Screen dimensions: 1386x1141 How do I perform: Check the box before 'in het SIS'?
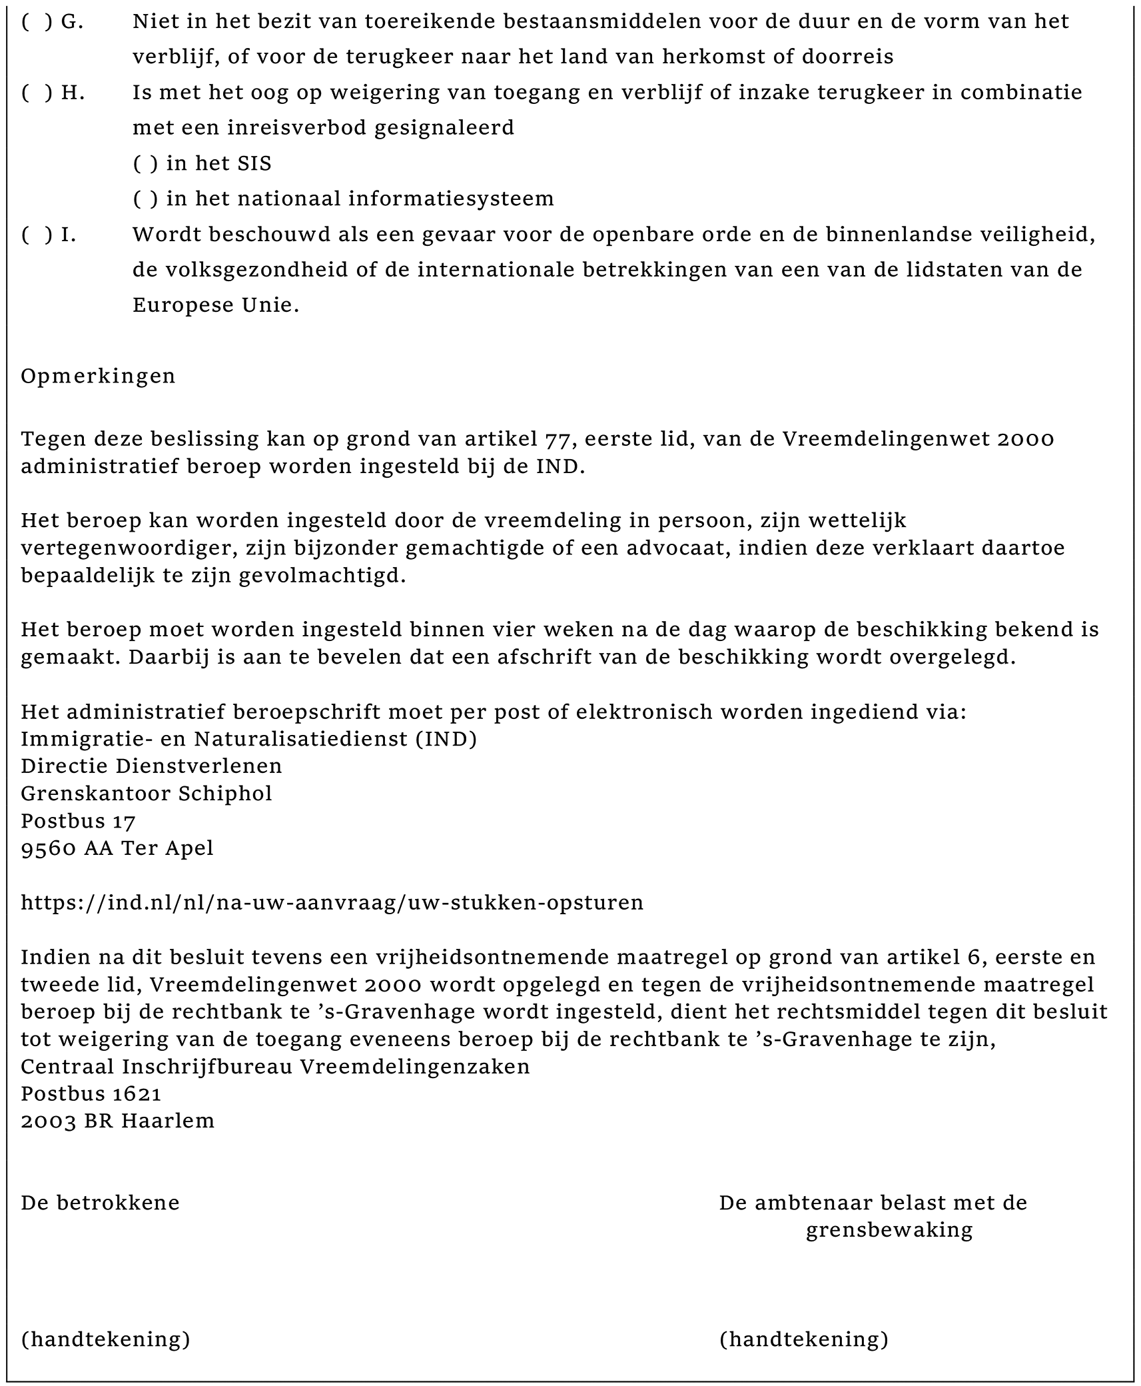tap(145, 164)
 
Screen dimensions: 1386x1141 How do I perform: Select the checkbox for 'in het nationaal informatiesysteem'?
tap(145, 199)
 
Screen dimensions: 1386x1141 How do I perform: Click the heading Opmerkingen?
tap(98, 376)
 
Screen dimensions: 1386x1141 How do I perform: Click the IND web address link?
tap(332, 902)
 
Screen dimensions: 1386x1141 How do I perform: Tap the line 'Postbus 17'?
tap(78, 820)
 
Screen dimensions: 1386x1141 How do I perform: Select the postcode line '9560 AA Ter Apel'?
tap(117, 848)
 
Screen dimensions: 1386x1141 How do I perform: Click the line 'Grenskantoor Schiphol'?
tap(147, 793)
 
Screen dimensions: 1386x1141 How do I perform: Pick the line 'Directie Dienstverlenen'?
tap(151, 766)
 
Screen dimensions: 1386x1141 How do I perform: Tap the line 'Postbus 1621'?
tap(91, 1093)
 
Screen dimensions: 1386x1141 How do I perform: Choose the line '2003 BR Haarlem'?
tap(118, 1121)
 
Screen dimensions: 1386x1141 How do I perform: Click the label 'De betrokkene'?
tap(100, 1203)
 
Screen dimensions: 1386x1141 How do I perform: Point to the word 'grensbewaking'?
tap(889, 1230)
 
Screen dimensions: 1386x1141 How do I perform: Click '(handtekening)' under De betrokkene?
tap(105, 1339)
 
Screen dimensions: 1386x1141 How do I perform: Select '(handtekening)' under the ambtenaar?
tap(803, 1339)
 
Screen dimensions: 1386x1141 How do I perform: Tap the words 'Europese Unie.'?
tap(216, 305)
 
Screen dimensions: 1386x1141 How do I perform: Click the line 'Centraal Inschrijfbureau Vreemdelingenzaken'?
tap(275, 1066)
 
